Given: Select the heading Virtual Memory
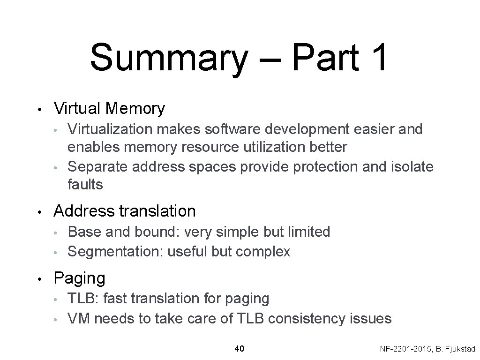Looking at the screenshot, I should [109, 108].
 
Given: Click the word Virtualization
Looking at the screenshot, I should [107, 129].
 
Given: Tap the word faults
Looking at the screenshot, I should [85, 184].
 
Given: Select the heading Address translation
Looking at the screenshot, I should [125, 211].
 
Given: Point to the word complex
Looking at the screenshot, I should [263, 252].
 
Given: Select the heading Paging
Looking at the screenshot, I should [80, 278].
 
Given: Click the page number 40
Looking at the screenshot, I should [239, 348].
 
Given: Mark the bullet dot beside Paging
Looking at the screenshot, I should [41, 279].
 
